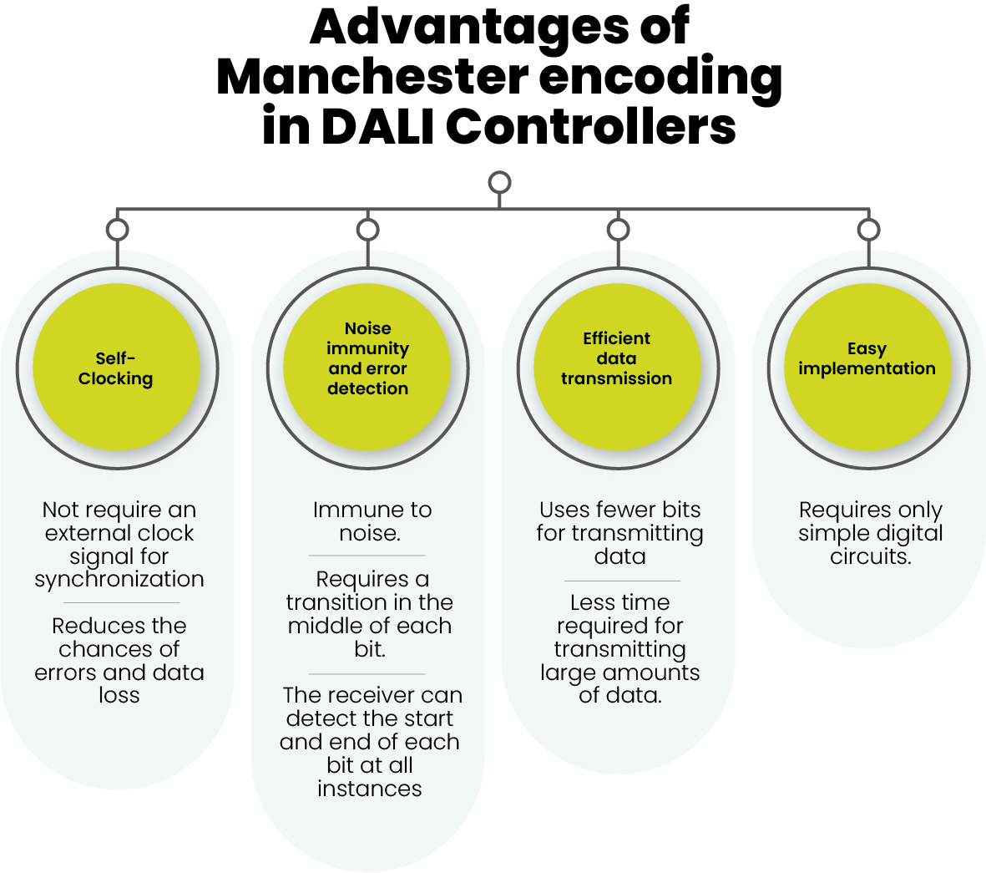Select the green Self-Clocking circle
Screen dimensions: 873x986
point(117,368)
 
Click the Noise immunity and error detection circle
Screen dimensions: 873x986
point(367,368)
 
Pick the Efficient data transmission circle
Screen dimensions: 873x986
point(617,368)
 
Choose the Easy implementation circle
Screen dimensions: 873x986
point(867,368)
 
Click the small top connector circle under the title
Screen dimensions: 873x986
point(499,182)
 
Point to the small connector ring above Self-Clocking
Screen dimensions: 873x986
point(118,230)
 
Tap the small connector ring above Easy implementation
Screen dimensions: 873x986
point(868,230)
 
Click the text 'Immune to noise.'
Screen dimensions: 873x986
point(370,521)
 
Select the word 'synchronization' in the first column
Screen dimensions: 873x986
point(119,580)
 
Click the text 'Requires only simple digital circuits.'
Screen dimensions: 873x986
point(870,533)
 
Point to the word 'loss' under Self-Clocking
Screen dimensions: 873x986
point(119,696)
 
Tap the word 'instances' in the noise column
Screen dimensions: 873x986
point(370,789)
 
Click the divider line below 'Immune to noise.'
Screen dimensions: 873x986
point(367,556)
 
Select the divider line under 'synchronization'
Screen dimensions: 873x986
point(122,602)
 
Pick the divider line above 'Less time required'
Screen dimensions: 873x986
point(623,581)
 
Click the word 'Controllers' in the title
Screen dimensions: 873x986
point(591,127)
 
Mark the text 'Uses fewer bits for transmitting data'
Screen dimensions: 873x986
point(619,533)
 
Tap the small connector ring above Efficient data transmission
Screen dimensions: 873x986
point(618,230)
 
